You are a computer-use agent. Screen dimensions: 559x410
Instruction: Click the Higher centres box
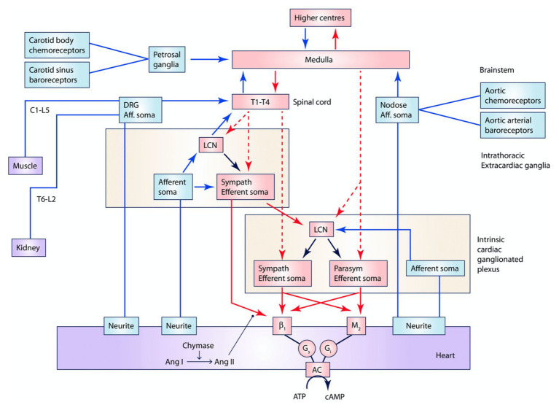coord(320,18)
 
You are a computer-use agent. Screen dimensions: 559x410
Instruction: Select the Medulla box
coord(321,59)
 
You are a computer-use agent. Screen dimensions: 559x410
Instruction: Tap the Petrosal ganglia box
coord(167,59)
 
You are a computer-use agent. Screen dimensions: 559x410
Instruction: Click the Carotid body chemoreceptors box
coord(57,45)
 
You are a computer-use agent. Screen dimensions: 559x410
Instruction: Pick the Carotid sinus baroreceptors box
coord(57,75)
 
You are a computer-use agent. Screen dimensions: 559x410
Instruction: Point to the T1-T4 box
coord(260,101)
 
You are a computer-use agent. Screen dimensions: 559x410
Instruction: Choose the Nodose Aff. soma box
coord(397,110)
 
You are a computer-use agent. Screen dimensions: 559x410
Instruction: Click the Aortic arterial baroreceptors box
coord(512,125)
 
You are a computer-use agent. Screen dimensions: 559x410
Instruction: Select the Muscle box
coord(26,166)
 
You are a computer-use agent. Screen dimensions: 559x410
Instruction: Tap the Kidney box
coord(28,247)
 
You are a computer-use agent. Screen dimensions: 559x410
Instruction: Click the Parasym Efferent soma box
coord(359,274)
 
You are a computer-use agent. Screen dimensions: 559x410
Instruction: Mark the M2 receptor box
coord(356,325)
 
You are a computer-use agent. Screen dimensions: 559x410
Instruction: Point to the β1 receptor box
coord(282,325)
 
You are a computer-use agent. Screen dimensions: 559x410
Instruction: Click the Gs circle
coord(307,348)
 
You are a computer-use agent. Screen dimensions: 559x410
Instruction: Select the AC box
coord(317,370)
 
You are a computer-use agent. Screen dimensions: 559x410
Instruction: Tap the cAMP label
coord(335,396)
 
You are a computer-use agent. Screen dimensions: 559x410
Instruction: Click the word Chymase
coord(198,345)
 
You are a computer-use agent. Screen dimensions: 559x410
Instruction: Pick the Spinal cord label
coord(312,102)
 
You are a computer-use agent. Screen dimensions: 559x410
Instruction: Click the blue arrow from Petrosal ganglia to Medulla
coord(209,59)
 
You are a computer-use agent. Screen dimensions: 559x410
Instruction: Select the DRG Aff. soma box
coord(140,110)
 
